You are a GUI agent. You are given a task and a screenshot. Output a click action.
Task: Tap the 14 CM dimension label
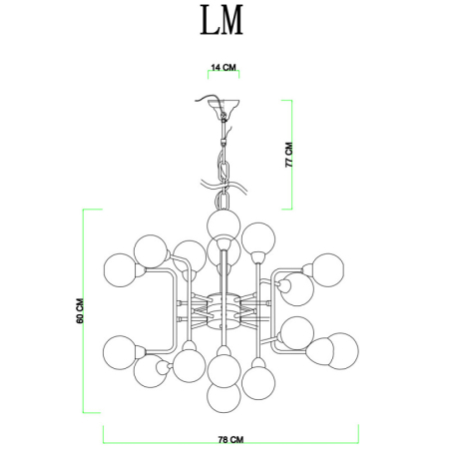click(x=224, y=68)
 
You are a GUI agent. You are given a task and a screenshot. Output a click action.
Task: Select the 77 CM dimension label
click(x=288, y=154)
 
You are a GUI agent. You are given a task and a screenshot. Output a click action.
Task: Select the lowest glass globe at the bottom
click(x=224, y=396)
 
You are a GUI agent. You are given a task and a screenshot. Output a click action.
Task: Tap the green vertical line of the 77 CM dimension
click(x=290, y=155)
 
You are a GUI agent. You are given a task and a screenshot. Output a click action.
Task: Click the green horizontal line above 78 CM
click(x=230, y=427)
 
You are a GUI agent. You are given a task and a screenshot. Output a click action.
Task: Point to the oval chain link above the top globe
click(x=224, y=159)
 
